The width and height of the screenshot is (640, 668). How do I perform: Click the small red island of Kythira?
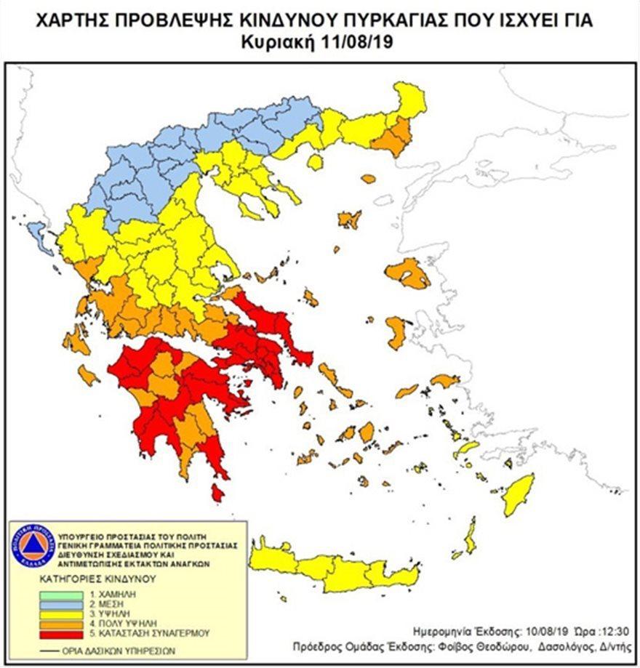click(x=217, y=493)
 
